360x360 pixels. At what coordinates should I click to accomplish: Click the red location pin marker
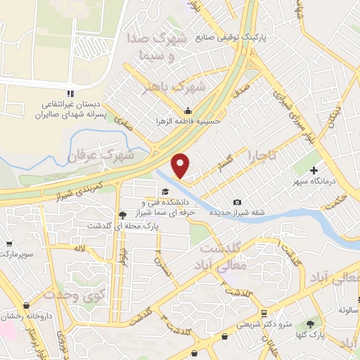(181, 165)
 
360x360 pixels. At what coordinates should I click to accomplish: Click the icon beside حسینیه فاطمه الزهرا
(188, 110)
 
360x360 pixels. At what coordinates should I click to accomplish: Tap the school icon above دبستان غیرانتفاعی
(69, 94)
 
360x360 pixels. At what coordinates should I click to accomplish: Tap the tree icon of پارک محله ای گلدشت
(123, 214)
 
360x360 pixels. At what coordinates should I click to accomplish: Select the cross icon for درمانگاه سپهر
(314, 170)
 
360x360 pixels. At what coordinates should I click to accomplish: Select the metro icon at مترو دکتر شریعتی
(263, 314)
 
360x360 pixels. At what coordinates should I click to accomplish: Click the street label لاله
(81, 247)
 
